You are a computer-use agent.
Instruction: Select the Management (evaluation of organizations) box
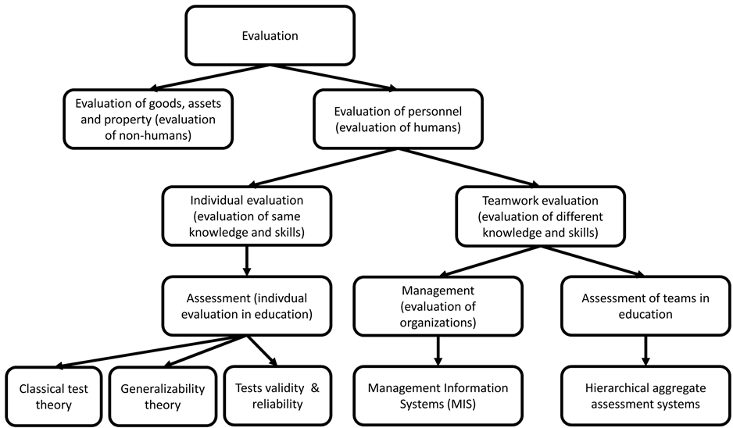coord(437,306)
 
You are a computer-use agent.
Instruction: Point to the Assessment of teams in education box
coord(645,306)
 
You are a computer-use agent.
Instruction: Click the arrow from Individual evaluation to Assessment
coord(247,260)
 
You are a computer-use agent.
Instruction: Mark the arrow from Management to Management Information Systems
coord(438,350)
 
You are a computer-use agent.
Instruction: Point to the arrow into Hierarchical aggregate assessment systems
coord(645,350)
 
